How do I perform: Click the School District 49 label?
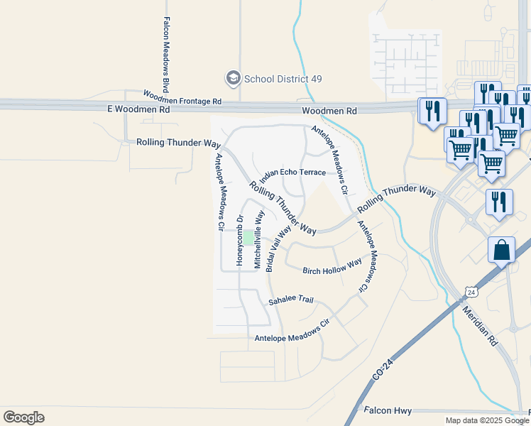278,78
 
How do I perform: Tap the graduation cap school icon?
232,77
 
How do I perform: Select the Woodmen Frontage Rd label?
182,97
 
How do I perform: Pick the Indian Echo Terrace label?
292,173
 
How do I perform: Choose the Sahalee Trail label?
290,300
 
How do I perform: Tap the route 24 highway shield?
471,292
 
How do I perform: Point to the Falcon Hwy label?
388,410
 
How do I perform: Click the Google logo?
23,417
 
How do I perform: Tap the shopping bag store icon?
501,251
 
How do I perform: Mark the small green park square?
249,236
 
